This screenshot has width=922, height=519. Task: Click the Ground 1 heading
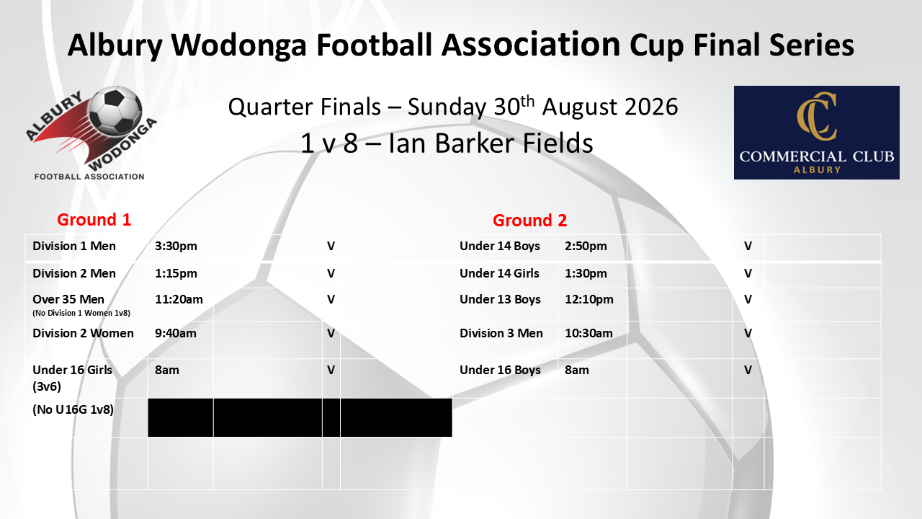(x=94, y=220)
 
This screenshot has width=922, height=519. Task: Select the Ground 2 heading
(x=529, y=221)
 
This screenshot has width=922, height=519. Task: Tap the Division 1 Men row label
(x=74, y=246)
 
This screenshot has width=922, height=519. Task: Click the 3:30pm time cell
(x=176, y=247)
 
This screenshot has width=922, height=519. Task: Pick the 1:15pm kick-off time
(x=176, y=273)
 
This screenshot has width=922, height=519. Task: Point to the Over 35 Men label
(x=68, y=299)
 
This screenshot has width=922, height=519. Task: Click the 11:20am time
(x=179, y=299)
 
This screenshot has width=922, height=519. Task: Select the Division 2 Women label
(x=83, y=333)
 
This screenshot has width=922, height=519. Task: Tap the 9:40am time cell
(x=175, y=333)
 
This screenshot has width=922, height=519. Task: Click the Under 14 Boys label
(x=500, y=246)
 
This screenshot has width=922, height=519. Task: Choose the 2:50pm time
(x=586, y=247)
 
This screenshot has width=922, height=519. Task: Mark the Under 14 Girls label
(x=499, y=273)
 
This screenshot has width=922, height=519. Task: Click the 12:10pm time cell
(x=589, y=299)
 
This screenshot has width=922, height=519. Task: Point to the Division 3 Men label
(x=501, y=333)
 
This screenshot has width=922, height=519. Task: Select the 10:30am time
(x=588, y=333)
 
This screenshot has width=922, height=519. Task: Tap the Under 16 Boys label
(x=500, y=370)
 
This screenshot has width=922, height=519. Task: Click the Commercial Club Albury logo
(x=817, y=132)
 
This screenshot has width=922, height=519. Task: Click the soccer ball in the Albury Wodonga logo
(x=115, y=111)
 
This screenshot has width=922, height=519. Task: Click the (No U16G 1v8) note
(x=73, y=409)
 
